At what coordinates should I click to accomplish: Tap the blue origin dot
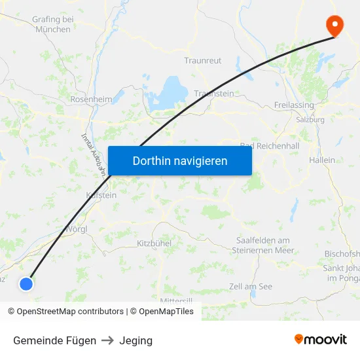(26, 283)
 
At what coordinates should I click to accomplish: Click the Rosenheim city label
(92, 99)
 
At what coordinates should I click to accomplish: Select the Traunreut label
(202, 60)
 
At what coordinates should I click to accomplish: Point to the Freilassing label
(294, 105)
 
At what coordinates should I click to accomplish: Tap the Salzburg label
(310, 120)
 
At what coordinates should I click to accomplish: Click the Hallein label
(322, 160)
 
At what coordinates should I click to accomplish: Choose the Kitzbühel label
(154, 243)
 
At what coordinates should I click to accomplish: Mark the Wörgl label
(77, 229)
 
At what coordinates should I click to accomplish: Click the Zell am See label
(251, 286)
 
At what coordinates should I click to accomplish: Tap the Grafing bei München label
(53, 24)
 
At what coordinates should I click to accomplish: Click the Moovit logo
(320, 339)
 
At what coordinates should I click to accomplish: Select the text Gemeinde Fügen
(54, 340)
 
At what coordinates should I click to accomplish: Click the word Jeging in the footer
(135, 340)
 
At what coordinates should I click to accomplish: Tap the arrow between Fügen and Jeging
(107, 340)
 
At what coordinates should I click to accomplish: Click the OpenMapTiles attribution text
(166, 312)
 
